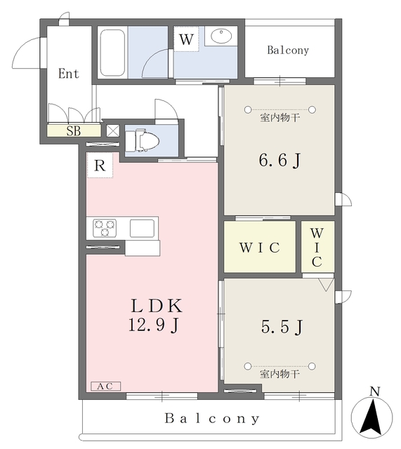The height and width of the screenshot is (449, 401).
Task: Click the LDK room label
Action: click(157, 306)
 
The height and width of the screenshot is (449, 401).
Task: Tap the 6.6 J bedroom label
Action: click(280, 160)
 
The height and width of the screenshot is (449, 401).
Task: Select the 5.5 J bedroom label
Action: click(282, 327)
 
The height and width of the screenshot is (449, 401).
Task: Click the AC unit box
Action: click(106, 387)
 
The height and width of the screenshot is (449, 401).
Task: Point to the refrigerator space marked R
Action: click(100, 166)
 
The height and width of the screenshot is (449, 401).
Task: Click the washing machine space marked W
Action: click(186, 39)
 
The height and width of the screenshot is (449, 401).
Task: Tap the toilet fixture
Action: click(143, 141)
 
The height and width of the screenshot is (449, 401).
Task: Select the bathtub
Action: click(112, 53)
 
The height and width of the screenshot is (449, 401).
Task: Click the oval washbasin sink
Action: click(221, 36)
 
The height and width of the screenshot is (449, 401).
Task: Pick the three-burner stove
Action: click(105, 228)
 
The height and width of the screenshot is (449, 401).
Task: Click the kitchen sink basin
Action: click(142, 228)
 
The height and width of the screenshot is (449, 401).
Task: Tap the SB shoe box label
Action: click(74, 131)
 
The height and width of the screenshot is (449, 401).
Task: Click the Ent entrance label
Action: click(69, 74)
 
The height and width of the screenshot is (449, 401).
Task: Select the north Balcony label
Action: click(288, 50)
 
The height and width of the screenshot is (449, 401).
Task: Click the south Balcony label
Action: click(212, 419)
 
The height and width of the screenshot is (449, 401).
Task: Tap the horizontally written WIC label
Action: click(260, 248)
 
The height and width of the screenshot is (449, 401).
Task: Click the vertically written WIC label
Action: click(317, 248)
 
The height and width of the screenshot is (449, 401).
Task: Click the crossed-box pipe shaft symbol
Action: click(112, 131)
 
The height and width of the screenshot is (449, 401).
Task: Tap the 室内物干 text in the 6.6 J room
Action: click(280, 118)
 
